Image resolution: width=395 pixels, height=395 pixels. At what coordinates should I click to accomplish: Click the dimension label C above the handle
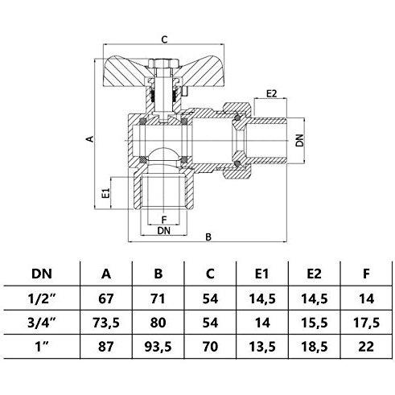point(164,39)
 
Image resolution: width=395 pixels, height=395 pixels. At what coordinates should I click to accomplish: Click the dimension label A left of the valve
point(90,139)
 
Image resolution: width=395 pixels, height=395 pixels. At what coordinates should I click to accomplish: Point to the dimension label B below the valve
point(208,237)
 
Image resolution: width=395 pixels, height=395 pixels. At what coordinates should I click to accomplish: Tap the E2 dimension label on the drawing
point(271,94)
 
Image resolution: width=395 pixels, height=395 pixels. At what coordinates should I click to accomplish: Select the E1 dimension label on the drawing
point(106,193)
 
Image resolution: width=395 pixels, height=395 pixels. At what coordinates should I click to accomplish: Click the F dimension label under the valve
point(164,220)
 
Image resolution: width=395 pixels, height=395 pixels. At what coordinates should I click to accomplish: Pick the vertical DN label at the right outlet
point(300,140)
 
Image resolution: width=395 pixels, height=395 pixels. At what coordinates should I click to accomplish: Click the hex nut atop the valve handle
point(163,64)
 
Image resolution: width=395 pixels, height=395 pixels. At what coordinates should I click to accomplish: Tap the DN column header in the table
point(42,274)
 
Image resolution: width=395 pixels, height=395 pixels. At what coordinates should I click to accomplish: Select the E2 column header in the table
point(314,274)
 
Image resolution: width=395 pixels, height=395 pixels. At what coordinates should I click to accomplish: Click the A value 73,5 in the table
point(106,323)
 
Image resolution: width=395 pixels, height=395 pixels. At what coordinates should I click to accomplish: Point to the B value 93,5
point(158,347)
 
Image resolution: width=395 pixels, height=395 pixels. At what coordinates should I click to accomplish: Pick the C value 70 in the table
point(210,347)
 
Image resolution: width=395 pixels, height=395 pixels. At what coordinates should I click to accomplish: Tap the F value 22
point(366,347)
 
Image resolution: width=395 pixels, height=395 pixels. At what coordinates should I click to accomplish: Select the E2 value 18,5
point(315,347)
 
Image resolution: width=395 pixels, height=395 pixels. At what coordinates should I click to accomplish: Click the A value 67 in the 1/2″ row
point(106,298)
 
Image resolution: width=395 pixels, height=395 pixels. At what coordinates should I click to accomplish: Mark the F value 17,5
point(366,323)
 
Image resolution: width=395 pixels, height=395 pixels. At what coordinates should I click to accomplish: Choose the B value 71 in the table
point(158,298)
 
